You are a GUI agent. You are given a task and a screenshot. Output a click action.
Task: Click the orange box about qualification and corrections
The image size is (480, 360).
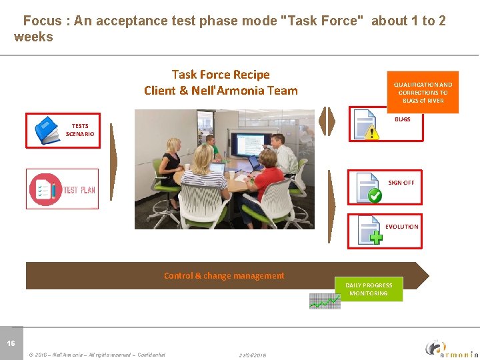point(423,93)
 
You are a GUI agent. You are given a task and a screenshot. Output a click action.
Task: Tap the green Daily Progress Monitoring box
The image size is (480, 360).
point(369,289)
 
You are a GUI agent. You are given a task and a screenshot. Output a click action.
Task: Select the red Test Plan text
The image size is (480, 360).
point(79,190)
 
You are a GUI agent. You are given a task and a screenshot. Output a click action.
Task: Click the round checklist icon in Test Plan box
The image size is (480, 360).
point(45,189)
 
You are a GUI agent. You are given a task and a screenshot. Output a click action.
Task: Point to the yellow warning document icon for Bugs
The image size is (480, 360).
point(366,125)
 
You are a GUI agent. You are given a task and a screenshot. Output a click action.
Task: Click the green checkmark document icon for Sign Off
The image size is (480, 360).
point(369,187)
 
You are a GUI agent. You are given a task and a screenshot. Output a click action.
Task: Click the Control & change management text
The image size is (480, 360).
point(224,275)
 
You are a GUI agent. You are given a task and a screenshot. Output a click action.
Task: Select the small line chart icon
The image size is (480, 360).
point(325,301)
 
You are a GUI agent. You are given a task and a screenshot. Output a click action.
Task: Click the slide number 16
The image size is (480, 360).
point(11,343)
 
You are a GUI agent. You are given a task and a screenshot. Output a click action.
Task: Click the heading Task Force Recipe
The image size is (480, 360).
point(221,75)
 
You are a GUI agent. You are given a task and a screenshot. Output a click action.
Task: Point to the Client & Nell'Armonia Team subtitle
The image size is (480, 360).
point(221,91)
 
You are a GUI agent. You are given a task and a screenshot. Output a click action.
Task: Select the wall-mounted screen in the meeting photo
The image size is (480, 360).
point(244,145)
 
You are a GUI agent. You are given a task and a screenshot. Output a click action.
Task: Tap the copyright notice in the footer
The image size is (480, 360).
point(97,355)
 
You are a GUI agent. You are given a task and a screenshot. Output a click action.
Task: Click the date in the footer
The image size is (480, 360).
point(252,355)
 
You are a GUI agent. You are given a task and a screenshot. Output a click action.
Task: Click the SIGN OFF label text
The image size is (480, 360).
point(401,183)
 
